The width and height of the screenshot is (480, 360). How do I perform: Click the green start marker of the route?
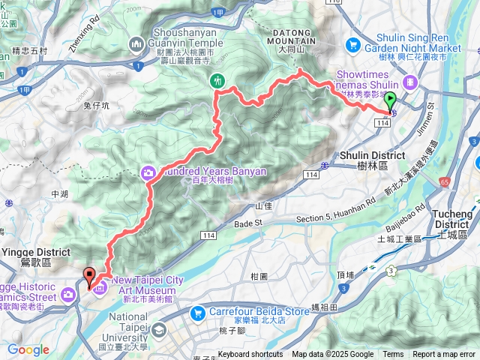(x=389, y=100)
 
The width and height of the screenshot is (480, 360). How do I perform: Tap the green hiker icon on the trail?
(x=218, y=80)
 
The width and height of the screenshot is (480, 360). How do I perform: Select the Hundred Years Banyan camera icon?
(x=148, y=173)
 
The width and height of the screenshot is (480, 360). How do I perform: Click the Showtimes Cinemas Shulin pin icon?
(x=409, y=81)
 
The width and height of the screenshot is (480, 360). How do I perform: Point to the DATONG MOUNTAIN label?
(x=300, y=39)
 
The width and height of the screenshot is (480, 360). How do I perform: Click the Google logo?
(x=28, y=349)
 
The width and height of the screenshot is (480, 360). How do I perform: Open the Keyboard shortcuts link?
(x=250, y=355)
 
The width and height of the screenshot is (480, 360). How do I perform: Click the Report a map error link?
(x=444, y=355)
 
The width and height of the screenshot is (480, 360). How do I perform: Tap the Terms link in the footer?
(x=393, y=355)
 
